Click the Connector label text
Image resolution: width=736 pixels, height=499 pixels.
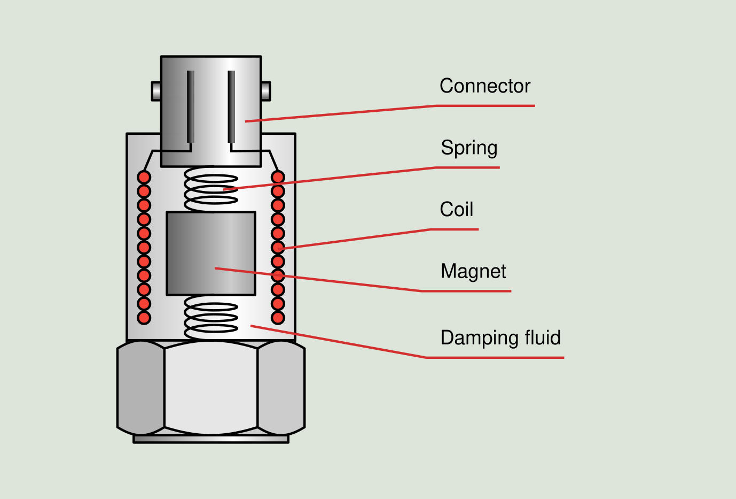point(484,86)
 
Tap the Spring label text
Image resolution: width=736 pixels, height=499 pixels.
point(469,148)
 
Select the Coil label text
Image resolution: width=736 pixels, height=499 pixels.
point(456,210)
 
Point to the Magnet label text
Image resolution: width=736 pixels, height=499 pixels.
point(473,271)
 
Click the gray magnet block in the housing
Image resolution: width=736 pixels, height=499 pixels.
point(211,253)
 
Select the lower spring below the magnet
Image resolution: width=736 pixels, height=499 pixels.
point(211,319)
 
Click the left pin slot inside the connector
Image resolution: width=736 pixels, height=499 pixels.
point(190,107)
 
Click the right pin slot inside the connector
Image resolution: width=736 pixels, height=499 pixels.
point(231,107)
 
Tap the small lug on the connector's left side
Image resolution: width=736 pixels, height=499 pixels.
point(156,91)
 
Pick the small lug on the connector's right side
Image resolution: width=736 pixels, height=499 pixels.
point(265,91)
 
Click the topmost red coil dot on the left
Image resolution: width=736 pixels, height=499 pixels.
point(144,177)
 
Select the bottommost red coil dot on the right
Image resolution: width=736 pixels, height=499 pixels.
point(278,318)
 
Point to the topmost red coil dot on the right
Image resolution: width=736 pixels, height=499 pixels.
point(278,177)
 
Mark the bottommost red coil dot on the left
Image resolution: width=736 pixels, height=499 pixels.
point(144,318)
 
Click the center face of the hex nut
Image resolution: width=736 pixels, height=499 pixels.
point(211,388)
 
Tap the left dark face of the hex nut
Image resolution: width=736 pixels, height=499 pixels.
point(140,388)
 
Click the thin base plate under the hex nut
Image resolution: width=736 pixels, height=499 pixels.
point(211,439)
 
